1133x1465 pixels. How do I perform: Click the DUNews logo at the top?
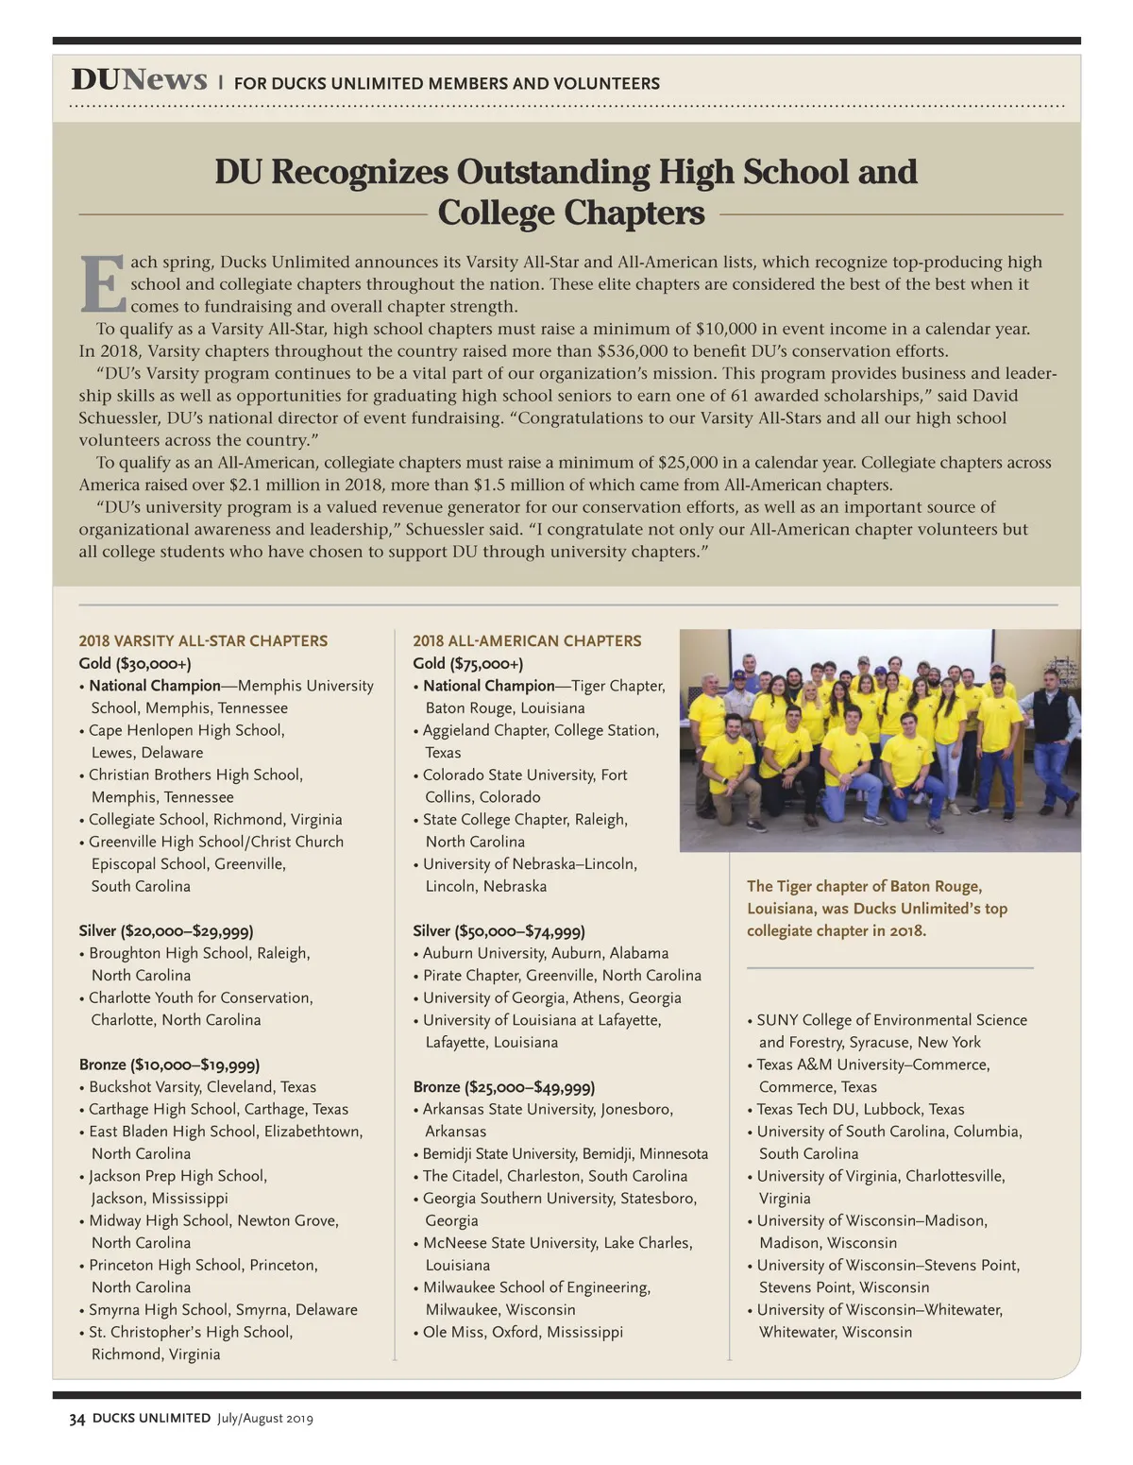(139, 80)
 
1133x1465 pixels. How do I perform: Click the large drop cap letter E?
(102, 283)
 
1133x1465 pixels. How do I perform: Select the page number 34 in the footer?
(77, 1418)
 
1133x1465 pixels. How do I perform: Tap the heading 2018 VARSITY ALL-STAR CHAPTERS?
(203, 640)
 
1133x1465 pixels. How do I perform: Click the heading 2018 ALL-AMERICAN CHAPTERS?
(527, 640)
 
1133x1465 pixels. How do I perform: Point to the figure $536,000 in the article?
(634, 350)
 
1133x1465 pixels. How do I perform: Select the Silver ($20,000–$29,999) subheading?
(166, 930)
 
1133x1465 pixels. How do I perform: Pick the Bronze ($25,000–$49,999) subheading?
(504, 1087)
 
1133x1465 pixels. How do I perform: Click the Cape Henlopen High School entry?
(186, 730)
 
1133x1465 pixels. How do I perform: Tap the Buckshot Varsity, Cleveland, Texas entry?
(202, 1087)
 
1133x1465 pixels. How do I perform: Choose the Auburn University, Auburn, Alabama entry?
(545, 953)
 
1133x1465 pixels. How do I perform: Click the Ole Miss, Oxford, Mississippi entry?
(522, 1332)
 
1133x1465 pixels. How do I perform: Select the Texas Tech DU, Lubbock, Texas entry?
(860, 1109)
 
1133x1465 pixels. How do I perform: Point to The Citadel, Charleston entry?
(554, 1176)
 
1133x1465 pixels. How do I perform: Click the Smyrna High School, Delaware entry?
(223, 1309)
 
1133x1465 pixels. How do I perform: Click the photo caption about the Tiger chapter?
(876, 908)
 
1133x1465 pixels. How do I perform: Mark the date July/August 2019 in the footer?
(264, 1418)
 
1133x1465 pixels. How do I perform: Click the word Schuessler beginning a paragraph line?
(120, 417)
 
